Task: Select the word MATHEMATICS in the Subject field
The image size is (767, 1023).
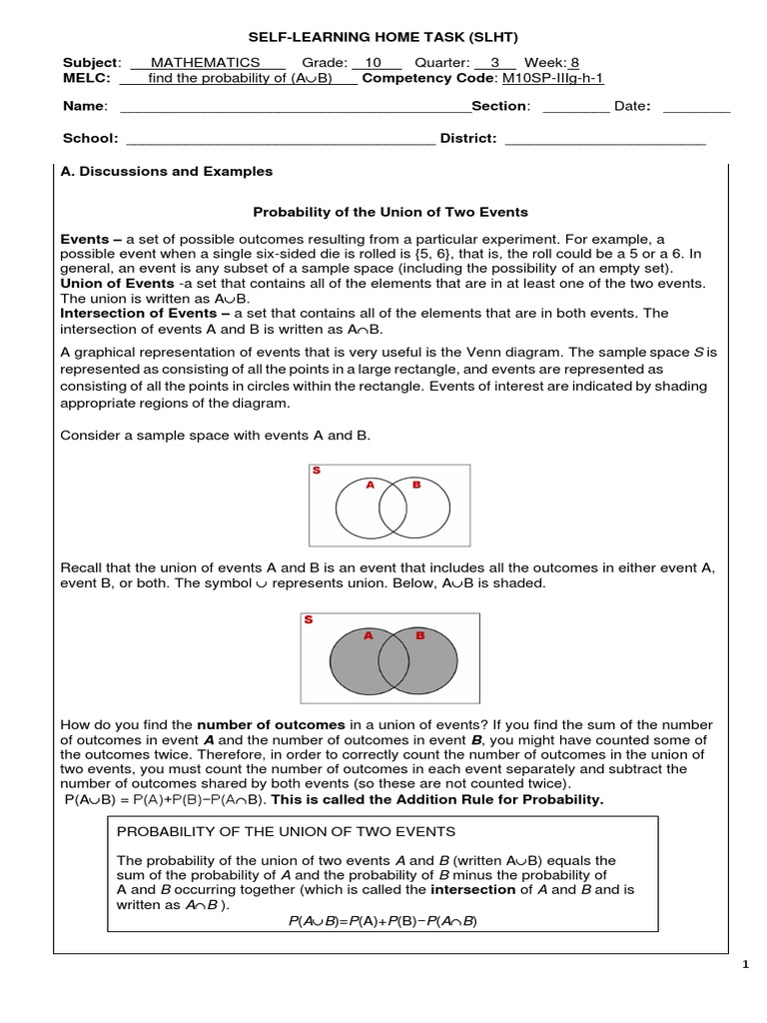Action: tap(205, 62)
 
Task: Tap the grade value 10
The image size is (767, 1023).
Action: tap(374, 62)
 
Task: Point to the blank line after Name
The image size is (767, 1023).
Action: tap(295, 108)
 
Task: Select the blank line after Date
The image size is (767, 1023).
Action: tap(696, 108)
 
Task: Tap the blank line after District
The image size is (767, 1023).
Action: tap(605, 140)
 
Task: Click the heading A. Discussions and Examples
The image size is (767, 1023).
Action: tap(167, 171)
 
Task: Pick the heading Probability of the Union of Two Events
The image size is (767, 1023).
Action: tap(390, 212)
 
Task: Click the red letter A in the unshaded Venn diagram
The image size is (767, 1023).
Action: tap(370, 485)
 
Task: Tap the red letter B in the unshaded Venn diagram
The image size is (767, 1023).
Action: tap(416, 485)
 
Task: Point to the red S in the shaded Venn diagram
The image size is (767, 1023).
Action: tap(309, 619)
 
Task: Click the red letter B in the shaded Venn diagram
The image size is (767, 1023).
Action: tap(419, 634)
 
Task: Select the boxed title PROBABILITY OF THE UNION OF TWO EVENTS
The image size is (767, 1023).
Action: tap(286, 831)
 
